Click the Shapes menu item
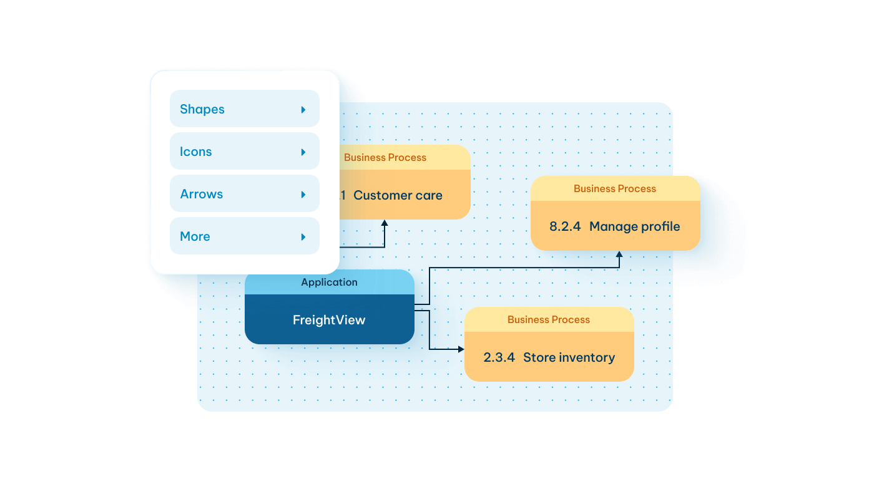(202, 109)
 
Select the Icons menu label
(196, 152)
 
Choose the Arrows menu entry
(202, 194)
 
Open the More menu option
(195, 236)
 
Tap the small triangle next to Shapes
(303, 110)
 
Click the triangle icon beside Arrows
(303, 195)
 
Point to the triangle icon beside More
(303, 237)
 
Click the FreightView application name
(329, 320)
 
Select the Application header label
(329, 282)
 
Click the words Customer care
(398, 195)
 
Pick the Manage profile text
(634, 226)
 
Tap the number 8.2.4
(565, 226)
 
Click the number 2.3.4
(499, 357)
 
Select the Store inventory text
(569, 357)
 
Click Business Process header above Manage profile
(615, 188)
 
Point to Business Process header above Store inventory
(549, 319)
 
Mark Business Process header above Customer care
(385, 157)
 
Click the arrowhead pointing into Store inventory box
(461, 349)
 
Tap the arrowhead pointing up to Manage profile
(619, 254)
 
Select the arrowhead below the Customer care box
(385, 223)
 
